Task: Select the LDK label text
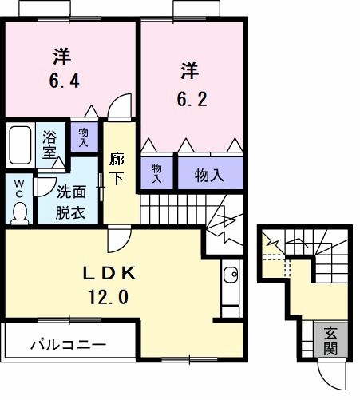112,274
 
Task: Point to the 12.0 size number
111,297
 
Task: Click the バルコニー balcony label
68,346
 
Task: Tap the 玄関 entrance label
330,342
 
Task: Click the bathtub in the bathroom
20,145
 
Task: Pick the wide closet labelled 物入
209,174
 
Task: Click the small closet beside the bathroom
83,137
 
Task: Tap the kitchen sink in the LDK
230,276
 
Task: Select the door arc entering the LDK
119,237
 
